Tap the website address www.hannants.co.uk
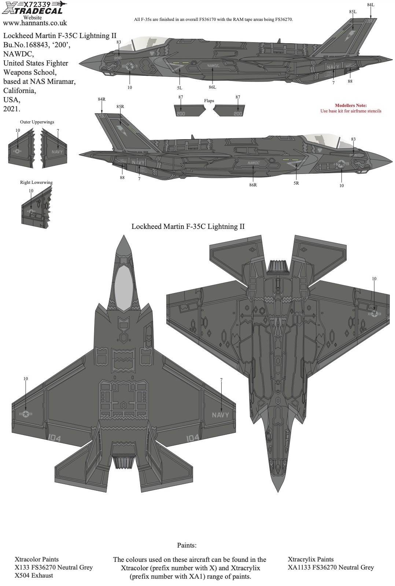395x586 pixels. (35, 23)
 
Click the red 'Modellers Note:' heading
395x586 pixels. (351, 105)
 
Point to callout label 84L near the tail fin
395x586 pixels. (371, 5)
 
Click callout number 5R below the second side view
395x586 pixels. (296, 183)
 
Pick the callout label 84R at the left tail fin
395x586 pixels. (101, 99)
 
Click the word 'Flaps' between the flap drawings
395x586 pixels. (209, 101)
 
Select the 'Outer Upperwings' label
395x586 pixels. (37, 122)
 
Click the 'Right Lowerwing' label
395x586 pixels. (36, 182)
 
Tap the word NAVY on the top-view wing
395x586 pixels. (220, 415)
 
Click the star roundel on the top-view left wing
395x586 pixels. (26, 414)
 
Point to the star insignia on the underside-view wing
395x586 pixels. (374, 314)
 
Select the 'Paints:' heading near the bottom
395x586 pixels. (187, 545)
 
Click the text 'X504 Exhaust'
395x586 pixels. (34, 575)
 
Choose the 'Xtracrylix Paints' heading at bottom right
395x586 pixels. (311, 559)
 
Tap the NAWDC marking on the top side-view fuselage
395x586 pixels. (213, 66)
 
